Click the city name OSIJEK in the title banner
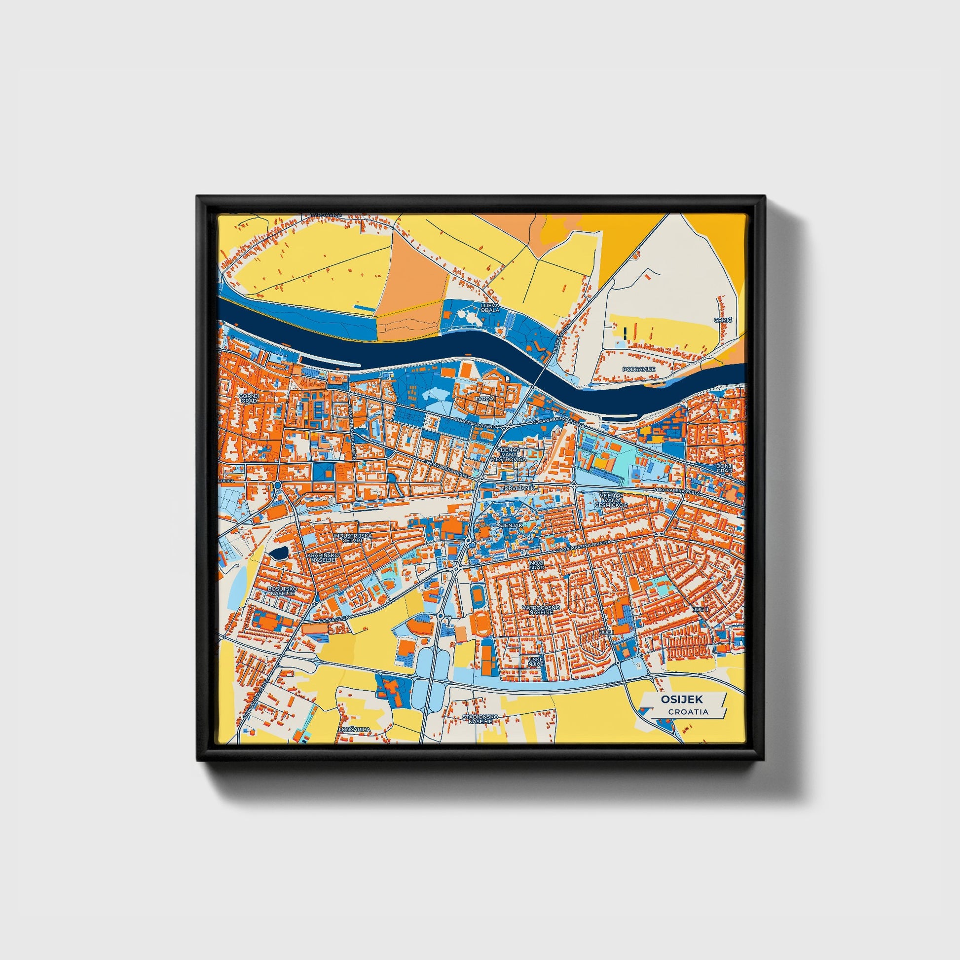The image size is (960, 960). coord(681,700)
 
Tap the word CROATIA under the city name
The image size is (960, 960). coord(688,712)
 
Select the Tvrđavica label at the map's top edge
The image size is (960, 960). coord(327,215)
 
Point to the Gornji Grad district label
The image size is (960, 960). coord(249,398)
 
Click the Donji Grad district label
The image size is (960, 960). coord(725,468)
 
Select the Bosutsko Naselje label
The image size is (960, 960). coord(282,591)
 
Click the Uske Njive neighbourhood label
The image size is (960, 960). coord(537,661)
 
